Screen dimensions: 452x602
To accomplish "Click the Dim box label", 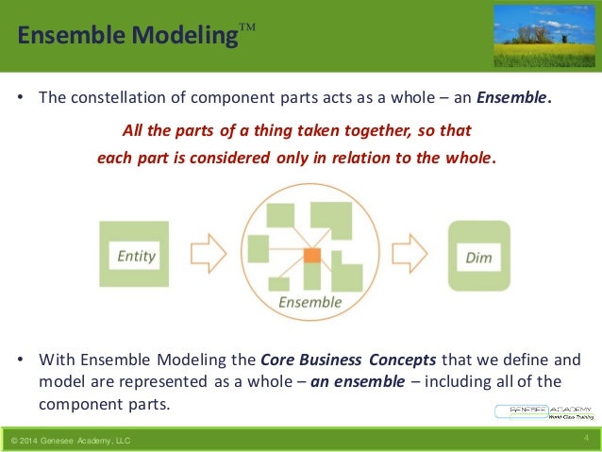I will pyautogui.click(x=478, y=257).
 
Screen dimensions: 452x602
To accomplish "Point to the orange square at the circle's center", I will pyautogui.click(x=313, y=256).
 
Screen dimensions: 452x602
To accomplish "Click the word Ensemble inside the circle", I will pyautogui.click(x=309, y=302).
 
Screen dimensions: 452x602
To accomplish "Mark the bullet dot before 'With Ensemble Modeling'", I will pyautogui.click(x=20, y=360).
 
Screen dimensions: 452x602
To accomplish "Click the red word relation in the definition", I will pyautogui.click(x=356, y=158).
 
